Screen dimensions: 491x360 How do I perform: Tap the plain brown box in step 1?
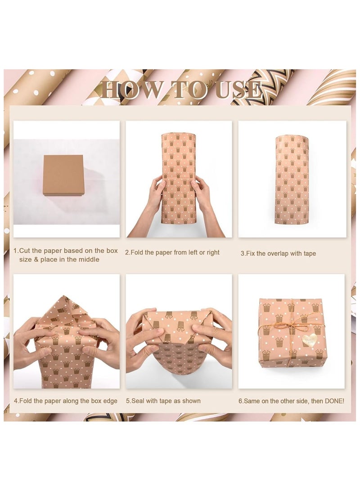63,175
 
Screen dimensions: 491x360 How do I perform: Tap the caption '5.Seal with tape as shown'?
163,401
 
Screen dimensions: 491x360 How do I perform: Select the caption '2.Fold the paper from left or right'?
172,252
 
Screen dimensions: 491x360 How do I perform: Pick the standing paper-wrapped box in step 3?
292,180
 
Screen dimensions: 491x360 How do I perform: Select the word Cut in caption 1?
27,251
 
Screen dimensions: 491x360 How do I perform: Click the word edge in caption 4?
108,401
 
